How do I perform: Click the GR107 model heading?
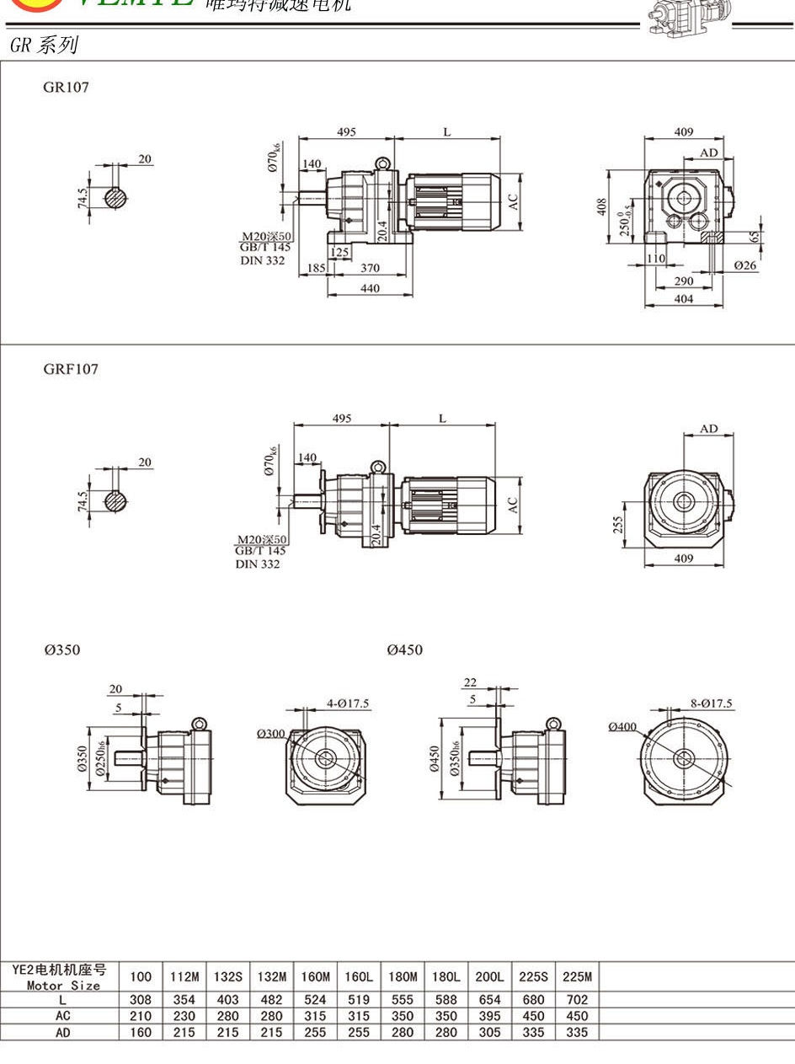click(x=66, y=87)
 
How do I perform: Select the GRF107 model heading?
click(x=71, y=369)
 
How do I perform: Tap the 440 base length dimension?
click(x=370, y=288)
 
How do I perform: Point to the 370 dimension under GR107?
click(x=370, y=269)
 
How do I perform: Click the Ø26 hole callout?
click(x=745, y=265)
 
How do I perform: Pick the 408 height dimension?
click(x=602, y=206)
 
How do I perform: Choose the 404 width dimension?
click(x=684, y=299)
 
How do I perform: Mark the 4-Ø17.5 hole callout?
click(x=348, y=703)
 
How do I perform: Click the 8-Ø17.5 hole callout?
click(x=711, y=703)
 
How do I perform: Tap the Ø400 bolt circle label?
click(x=623, y=726)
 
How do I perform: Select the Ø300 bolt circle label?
click(x=271, y=734)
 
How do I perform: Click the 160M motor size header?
click(x=315, y=977)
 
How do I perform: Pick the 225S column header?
click(x=532, y=977)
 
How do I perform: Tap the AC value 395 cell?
click(x=489, y=1016)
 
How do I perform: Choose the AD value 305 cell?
click(x=489, y=1032)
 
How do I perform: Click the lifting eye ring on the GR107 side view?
click(x=381, y=162)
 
